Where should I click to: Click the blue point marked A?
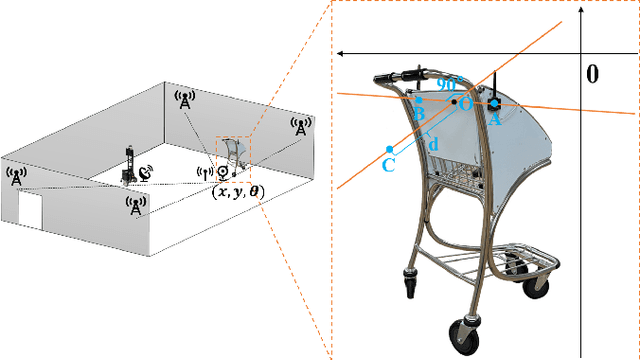coord(494,104)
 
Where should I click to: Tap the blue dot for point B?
coord(419,100)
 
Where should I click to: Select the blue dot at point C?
coord(390,149)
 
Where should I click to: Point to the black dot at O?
coord(454,102)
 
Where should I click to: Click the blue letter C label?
coord(389,165)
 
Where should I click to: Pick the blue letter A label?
coord(495,119)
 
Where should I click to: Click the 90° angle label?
coord(450,84)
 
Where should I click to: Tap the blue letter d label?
coord(433,144)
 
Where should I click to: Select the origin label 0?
coord(592,74)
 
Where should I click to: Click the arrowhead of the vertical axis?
coord(581,9)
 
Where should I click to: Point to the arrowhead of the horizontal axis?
coord(340,53)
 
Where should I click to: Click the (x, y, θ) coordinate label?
coord(238,192)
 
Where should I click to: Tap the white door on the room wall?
coord(30,210)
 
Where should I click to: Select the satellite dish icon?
coord(146,173)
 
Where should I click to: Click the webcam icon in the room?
coord(223,173)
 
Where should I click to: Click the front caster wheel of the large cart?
coord(464,336)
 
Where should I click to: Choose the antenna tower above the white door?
coord(16,176)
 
